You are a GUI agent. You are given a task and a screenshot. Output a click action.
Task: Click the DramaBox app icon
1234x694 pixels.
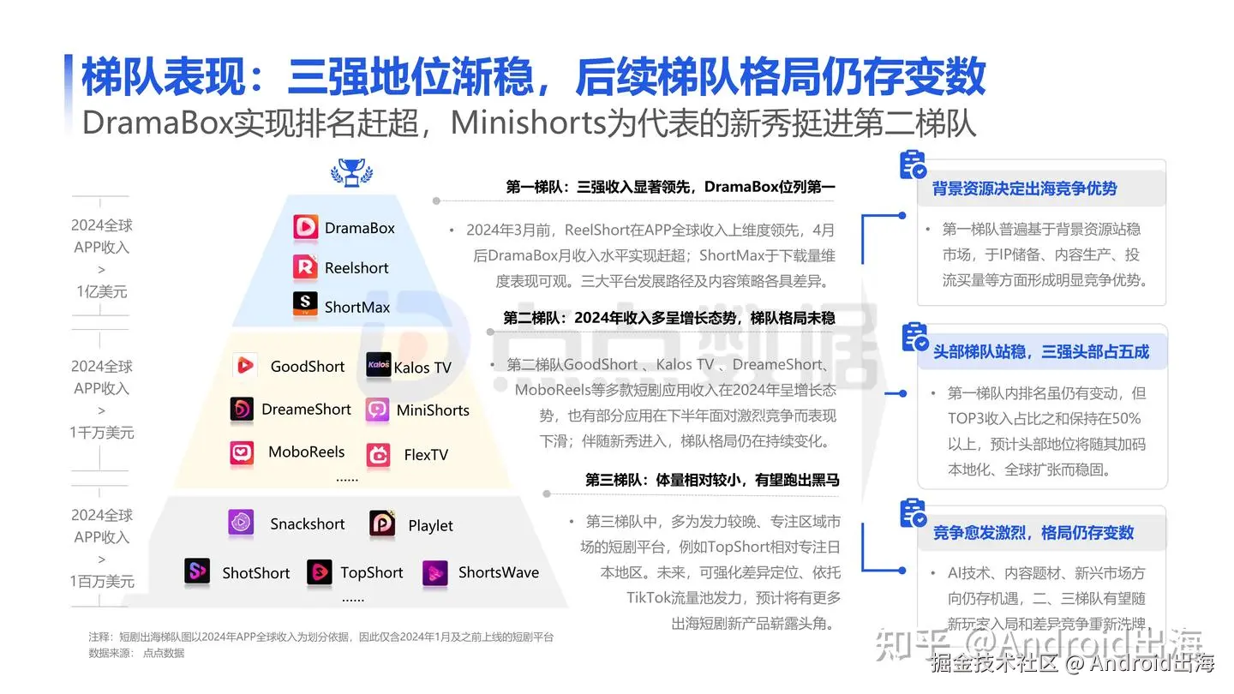(x=306, y=227)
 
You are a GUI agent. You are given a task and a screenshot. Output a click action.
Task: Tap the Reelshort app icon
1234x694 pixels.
(x=306, y=267)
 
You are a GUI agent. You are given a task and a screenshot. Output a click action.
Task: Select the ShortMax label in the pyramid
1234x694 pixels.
(x=357, y=307)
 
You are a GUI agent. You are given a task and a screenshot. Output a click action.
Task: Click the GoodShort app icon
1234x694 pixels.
(x=245, y=366)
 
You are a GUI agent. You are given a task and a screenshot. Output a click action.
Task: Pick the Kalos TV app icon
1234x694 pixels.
(x=378, y=366)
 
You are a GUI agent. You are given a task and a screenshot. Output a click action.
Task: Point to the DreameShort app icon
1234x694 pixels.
(x=242, y=410)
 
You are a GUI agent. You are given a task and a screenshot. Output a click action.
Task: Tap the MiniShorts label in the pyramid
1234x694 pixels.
(x=433, y=410)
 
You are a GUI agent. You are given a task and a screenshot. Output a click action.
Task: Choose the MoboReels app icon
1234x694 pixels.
(x=242, y=452)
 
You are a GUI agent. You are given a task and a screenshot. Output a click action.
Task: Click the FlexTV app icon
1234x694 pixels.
(x=378, y=454)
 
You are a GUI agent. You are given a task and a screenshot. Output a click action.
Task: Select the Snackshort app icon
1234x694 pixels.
(x=241, y=523)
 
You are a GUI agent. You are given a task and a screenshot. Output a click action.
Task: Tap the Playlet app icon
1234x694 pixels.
(x=382, y=524)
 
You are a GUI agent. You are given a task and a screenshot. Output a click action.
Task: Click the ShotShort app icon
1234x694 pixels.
(x=197, y=571)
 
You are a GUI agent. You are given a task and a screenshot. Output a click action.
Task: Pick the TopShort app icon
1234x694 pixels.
(x=320, y=572)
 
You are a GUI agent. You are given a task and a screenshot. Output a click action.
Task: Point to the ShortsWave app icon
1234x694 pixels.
(x=435, y=573)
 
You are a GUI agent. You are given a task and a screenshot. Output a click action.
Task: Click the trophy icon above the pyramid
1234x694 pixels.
(x=351, y=172)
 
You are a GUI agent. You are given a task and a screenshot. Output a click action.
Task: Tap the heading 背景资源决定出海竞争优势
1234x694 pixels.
(x=1024, y=188)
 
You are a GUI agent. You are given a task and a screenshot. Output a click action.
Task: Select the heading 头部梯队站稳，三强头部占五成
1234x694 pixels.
(x=1040, y=351)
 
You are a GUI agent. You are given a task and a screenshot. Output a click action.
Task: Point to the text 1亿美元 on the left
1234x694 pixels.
(x=102, y=291)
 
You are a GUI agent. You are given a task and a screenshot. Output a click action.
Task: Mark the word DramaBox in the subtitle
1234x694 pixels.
(x=158, y=123)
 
